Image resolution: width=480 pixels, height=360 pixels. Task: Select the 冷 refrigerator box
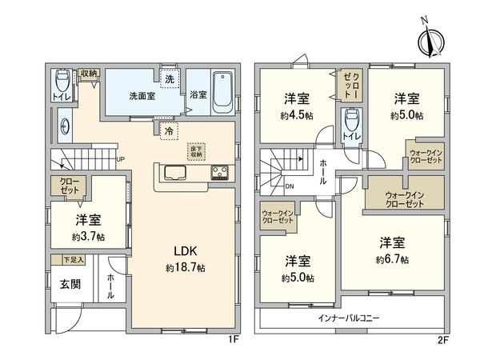[x=168, y=130]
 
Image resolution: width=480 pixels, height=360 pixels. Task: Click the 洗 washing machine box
[x=169, y=79]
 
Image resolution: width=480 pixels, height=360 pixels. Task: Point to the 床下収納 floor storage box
[x=196, y=150]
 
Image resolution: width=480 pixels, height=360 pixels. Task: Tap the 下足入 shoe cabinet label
[x=73, y=261]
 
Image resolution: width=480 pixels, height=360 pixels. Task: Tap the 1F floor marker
[x=233, y=339]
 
